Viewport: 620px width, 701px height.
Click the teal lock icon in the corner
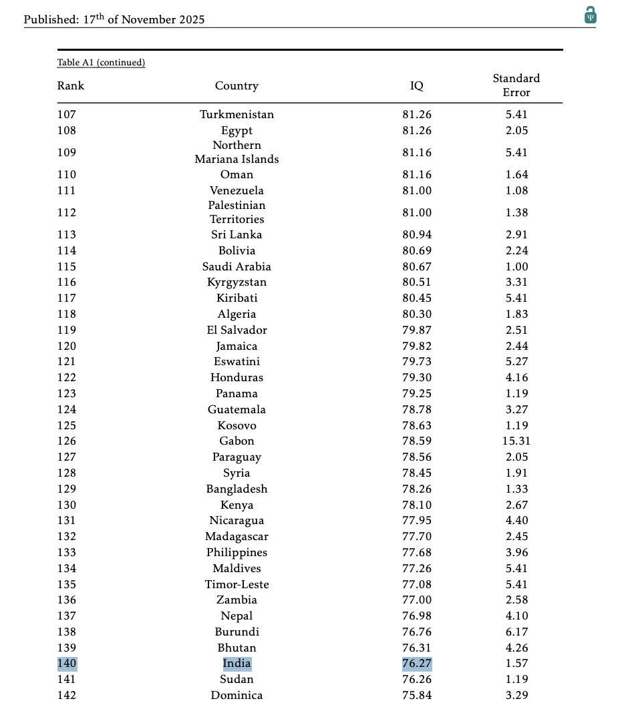coord(590,15)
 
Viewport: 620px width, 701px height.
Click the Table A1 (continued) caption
coord(101,63)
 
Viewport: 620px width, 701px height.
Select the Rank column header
coord(71,85)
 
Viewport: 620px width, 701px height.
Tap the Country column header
coord(237,85)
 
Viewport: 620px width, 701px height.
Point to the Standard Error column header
coord(516,85)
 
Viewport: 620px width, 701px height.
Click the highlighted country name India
coord(237,664)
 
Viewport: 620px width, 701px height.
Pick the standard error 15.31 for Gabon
coord(516,441)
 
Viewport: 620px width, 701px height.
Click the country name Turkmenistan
coord(237,115)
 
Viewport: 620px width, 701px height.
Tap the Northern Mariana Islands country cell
coord(237,152)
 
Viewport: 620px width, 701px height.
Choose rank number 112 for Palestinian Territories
coord(67,213)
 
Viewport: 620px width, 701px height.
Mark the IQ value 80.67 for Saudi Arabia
coord(417,267)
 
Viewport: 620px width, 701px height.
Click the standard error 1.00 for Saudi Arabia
coord(516,267)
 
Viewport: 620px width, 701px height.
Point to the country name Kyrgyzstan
coord(237,282)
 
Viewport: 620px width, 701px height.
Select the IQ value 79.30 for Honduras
coord(417,378)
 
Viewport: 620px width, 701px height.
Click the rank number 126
coord(67,441)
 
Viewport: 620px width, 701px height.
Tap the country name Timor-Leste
coord(237,585)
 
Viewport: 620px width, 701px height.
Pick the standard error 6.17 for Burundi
coord(516,632)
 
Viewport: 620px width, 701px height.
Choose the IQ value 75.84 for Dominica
coord(417,695)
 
